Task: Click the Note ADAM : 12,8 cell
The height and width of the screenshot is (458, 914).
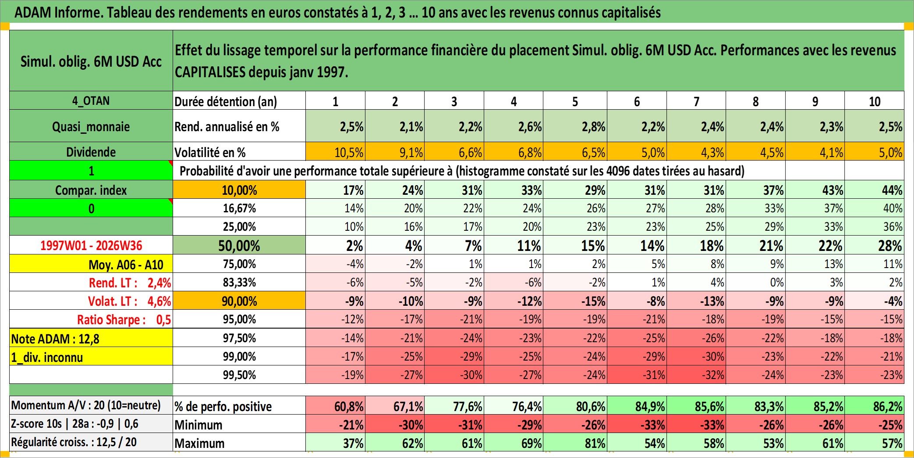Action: point(91,338)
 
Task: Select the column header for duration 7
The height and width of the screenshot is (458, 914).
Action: point(696,101)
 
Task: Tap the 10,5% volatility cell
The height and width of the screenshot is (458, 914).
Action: point(335,152)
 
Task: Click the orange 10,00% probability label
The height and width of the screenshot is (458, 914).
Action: point(239,190)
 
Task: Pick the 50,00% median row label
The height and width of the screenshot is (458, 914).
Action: point(239,245)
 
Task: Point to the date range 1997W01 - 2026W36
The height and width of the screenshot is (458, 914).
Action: point(91,245)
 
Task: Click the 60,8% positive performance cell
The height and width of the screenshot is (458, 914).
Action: point(335,406)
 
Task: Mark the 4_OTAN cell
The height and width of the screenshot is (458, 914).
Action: point(91,100)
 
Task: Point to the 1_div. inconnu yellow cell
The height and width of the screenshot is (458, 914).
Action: point(91,357)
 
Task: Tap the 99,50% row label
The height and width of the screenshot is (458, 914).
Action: point(239,375)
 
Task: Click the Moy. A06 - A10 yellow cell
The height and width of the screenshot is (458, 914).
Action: point(91,264)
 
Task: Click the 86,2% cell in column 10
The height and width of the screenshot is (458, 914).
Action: point(874,406)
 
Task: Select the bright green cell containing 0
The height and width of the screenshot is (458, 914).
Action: point(91,208)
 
